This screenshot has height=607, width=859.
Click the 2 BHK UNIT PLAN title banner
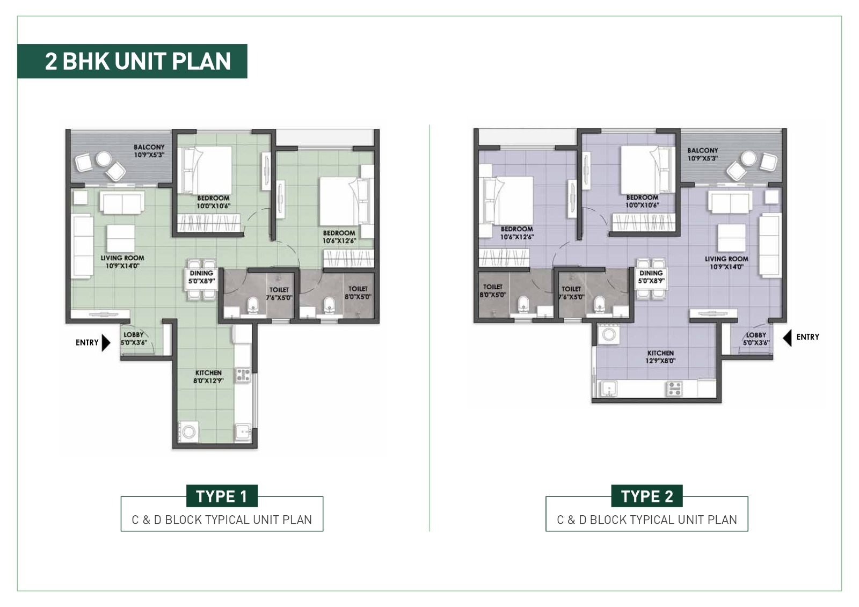[x=132, y=61]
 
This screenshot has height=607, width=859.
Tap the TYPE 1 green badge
[x=222, y=496]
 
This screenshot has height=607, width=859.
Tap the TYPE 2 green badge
[x=646, y=496]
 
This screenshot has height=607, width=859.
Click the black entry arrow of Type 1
[x=106, y=342]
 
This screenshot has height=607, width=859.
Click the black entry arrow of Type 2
[x=787, y=338]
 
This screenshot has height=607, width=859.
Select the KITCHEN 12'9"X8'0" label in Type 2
[x=660, y=357]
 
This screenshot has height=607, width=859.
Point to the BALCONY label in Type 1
[x=149, y=151]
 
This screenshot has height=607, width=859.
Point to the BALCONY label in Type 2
[x=702, y=154]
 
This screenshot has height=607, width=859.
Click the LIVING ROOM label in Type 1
[x=122, y=261]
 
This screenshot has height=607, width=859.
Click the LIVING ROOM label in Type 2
[x=726, y=262]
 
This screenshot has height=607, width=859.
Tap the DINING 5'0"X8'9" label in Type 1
[x=201, y=277]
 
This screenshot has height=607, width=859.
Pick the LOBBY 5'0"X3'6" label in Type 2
[x=756, y=339]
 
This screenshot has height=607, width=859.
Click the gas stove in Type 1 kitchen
[x=243, y=375]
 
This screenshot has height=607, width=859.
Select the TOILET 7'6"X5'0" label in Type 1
[x=279, y=294]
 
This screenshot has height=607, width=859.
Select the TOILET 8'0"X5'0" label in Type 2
[x=492, y=290]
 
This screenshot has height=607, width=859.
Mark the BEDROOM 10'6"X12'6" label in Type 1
[x=339, y=237]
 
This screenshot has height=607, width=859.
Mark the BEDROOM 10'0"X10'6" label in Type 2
[x=642, y=201]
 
